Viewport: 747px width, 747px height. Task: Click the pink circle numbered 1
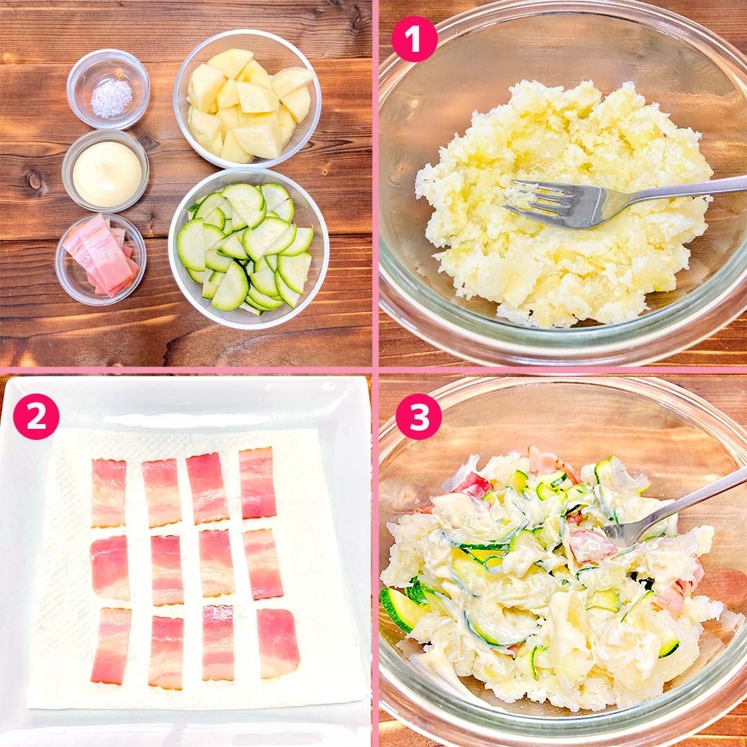[x=414, y=39]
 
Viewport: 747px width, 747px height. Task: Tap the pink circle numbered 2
[x=36, y=416]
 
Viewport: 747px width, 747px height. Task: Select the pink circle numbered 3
[x=418, y=416]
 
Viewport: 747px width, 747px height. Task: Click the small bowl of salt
[x=108, y=89]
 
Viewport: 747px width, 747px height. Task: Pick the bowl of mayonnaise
[x=106, y=171]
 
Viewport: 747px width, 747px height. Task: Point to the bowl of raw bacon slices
[x=100, y=259]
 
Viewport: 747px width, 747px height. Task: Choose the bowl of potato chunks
[x=247, y=99]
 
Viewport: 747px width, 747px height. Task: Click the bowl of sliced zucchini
[x=248, y=248]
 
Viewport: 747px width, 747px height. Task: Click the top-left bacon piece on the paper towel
[x=109, y=493]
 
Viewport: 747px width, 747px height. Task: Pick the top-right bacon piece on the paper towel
[x=258, y=483]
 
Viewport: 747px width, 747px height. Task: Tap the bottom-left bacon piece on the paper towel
[x=110, y=646]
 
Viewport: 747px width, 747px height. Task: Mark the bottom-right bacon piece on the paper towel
[x=278, y=643]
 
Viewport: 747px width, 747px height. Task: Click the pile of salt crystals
[x=111, y=98]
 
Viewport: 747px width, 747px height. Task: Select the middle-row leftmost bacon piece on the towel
[x=109, y=567]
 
